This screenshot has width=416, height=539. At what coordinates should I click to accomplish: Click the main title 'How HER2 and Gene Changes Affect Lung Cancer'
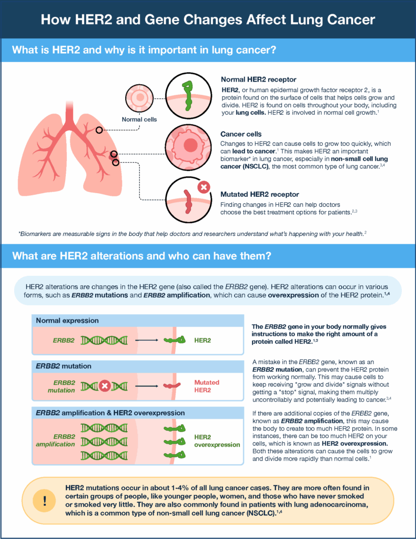pyautogui.click(x=208, y=21)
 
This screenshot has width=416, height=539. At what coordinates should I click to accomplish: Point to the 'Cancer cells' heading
pyautogui.click(x=241, y=134)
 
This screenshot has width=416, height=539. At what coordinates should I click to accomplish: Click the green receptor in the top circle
pyautogui.click(x=186, y=95)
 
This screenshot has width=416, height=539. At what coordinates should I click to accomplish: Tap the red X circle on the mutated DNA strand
pyautogui.click(x=105, y=386)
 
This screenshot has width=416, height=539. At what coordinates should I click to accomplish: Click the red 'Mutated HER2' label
pyautogui.click(x=207, y=386)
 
